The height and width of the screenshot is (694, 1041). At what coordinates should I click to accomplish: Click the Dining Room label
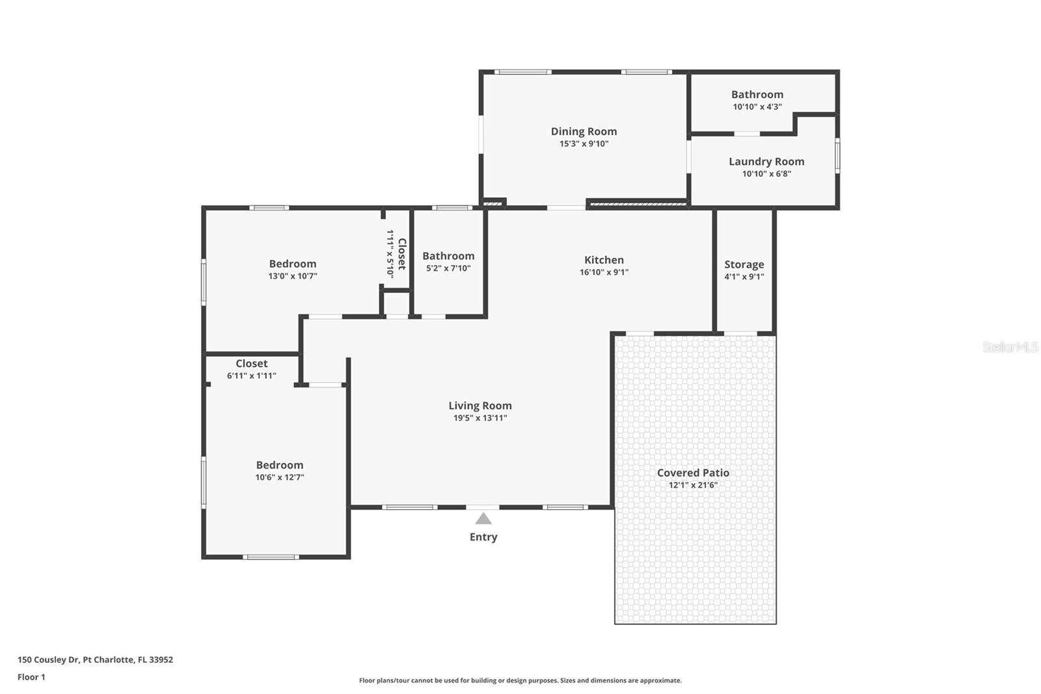coord(584,132)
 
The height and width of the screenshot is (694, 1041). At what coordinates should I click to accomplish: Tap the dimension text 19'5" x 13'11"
coord(480,418)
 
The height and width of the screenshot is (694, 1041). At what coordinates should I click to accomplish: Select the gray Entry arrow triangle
coord(483,519)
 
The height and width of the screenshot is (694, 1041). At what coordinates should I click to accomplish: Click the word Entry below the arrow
coord(483,537)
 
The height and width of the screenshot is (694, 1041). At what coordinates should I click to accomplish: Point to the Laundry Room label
coord(766,161)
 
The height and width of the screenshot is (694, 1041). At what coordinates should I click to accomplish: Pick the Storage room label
coord(744,264)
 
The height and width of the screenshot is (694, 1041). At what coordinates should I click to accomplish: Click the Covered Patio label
coord(693,473)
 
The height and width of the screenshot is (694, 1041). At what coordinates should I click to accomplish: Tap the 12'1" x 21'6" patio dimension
coord(693,485)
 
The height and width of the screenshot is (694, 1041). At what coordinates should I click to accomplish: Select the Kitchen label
coord(604,260)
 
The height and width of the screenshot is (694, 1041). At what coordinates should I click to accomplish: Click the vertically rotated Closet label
coord(402,254)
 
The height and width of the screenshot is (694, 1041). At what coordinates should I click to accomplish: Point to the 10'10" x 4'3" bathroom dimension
coord(757,107)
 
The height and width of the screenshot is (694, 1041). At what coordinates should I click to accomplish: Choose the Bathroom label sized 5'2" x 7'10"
coord(448,256)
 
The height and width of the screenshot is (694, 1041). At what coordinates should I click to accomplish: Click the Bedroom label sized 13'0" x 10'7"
coord(293,264)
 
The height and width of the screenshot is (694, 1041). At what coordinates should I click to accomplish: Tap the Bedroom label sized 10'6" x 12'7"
coord(280,465)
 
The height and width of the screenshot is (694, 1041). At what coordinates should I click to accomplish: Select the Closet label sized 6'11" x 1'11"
coord(251,363)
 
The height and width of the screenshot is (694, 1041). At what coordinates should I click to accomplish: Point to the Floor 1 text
coord(31,677)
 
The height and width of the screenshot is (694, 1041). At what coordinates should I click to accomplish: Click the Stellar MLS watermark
coord(1010,347)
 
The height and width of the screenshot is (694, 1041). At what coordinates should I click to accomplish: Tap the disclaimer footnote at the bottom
coord(520,680)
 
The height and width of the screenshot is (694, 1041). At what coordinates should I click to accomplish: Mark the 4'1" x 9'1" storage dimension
coord(744,277)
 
